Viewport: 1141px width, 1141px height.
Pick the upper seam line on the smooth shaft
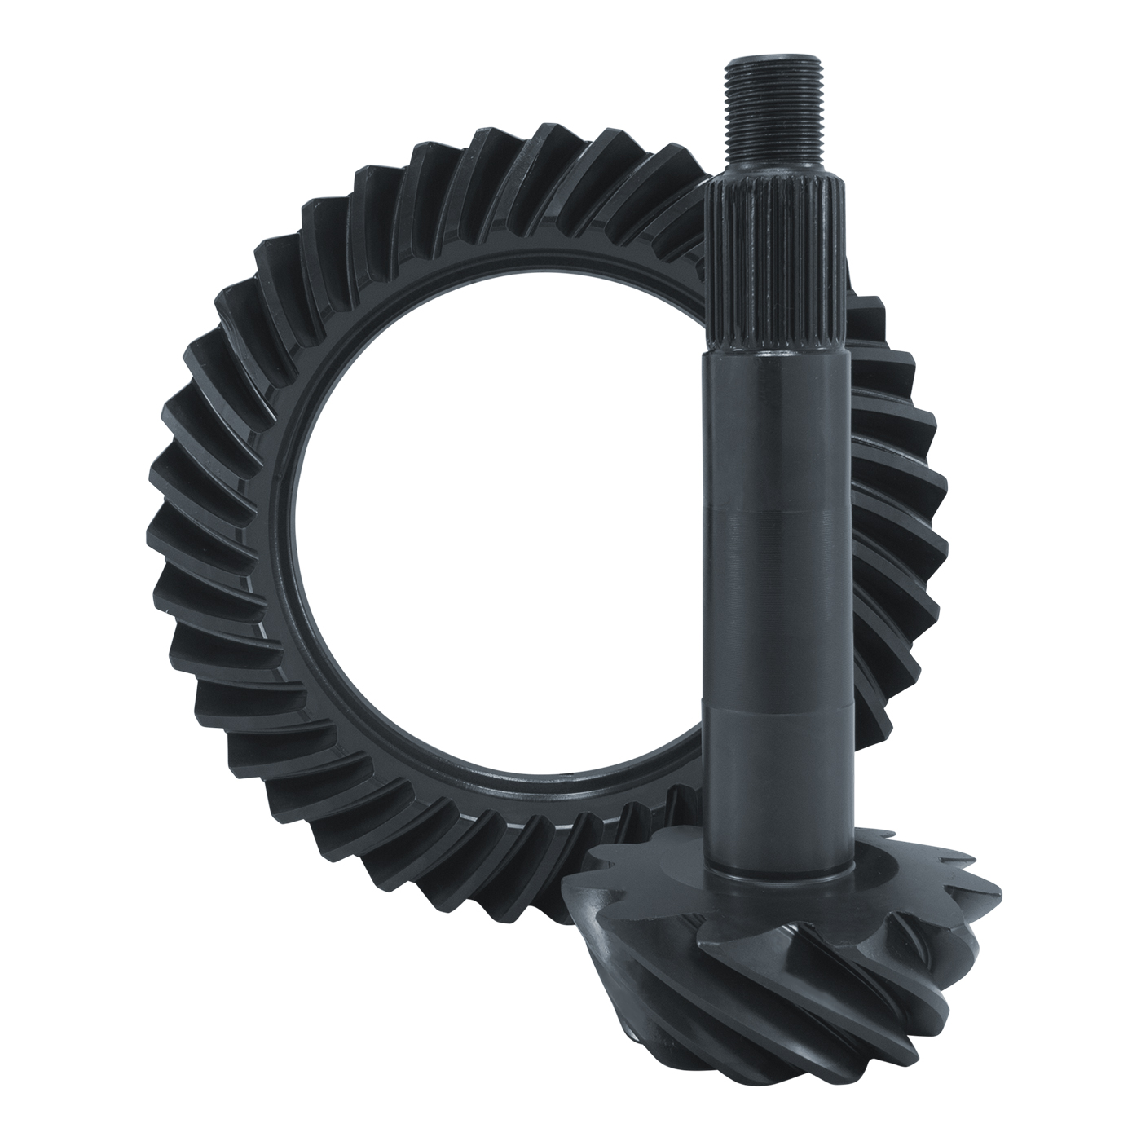(773, 512)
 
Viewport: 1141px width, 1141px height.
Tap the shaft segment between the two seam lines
(773, 607)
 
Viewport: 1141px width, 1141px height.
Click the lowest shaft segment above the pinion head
(773, 782)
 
